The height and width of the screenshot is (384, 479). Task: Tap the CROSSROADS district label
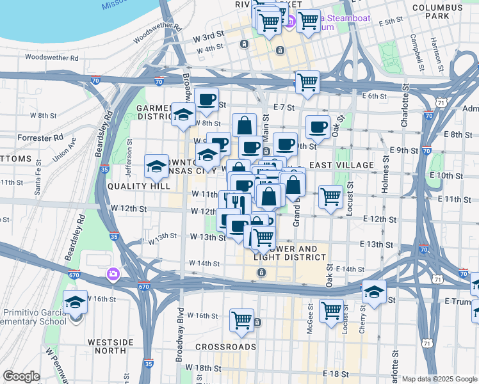coord(226,347)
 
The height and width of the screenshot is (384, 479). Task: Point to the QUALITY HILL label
coord(139,186)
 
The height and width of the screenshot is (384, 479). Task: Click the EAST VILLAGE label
coord(341,165)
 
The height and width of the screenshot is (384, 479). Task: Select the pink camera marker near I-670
coord(113,274)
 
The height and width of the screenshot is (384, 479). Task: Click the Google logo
coord(21,376)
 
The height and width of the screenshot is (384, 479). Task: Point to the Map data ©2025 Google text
coord(439,379)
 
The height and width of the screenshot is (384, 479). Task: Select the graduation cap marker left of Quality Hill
coord(156,167)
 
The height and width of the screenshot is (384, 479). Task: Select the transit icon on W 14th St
coord(261,273)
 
